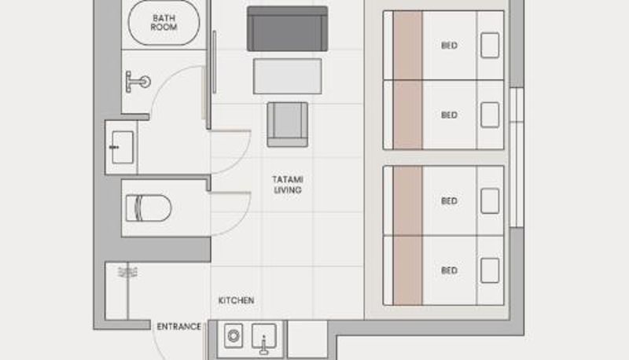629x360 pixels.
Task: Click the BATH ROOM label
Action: coord(164,23)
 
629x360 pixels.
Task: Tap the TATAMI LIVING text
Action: coord(288,185)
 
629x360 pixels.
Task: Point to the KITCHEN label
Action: coord(237,300)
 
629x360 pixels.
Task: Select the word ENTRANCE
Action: coord(179,326)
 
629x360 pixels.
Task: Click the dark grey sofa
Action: coord(287,28)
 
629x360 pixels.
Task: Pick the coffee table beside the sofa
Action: coord(287,76)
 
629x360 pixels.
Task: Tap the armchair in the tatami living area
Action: coord(288,125)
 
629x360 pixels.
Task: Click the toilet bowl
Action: coord(149,208)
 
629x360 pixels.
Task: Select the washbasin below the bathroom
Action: coord(122,147)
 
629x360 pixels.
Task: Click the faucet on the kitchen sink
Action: coord(263,345)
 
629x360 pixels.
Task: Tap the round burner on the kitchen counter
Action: coord(234,336)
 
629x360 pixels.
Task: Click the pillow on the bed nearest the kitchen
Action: coord(490,270)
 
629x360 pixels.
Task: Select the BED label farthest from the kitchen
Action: coord(449,46)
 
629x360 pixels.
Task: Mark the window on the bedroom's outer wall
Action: coord(517,157)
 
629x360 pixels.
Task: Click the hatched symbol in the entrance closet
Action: coord(127,272)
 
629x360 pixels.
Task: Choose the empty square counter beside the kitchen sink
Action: coord(307,339)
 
